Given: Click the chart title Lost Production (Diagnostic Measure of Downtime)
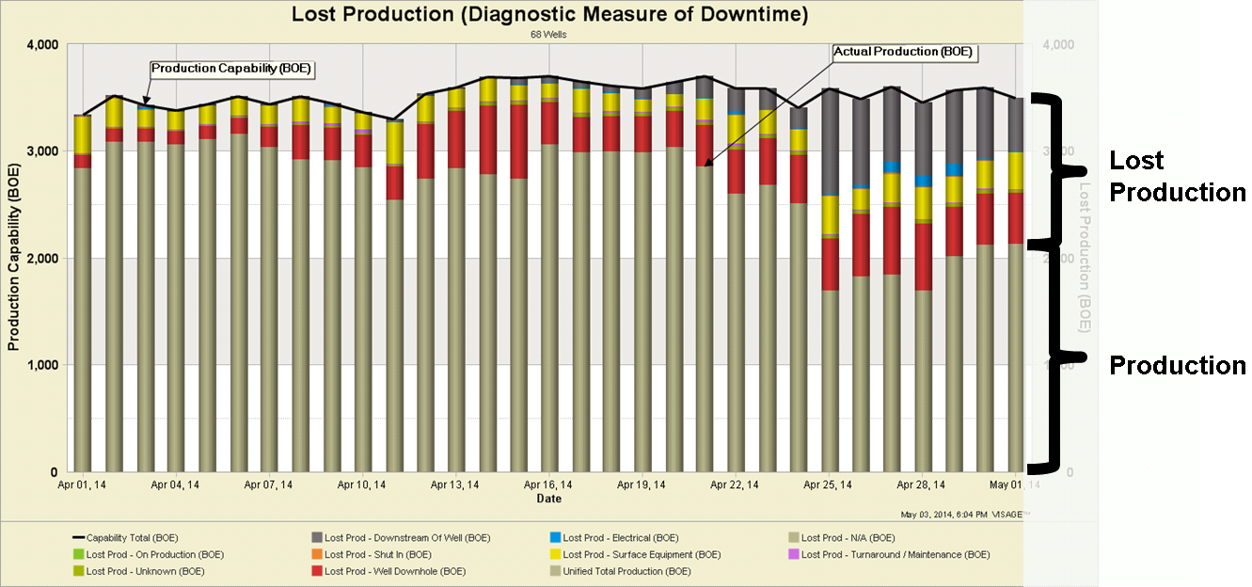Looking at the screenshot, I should [x=549, y=14].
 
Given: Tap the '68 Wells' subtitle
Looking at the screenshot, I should [x=549, y=35].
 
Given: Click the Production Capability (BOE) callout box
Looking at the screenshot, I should [x=231, y=69].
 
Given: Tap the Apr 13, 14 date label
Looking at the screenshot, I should [x=455, y=485].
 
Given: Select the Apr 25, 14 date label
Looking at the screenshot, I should [x=828, y=485].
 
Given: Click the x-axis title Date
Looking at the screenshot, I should [x=549, y=499].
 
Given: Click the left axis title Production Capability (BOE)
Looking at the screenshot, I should [x=14, y=258].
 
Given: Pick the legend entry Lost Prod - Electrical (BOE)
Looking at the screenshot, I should [x=620, y=538].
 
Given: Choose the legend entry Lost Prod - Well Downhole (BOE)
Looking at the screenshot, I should [x=394, y=571].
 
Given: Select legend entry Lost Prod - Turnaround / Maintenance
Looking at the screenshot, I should [x=895, y=555].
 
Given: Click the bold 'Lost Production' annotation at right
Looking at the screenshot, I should [x=1177, y=177].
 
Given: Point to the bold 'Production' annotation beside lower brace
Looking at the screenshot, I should [x=1177, y=365].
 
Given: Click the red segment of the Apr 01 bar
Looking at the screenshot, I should [x=83, y=162].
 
